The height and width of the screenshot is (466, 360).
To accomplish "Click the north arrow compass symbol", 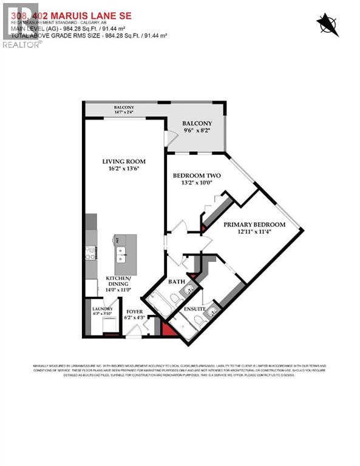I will click(327, 24).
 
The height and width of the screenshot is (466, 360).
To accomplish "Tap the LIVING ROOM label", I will click(124, 161).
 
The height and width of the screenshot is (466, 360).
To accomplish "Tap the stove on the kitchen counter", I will click(91, 252).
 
